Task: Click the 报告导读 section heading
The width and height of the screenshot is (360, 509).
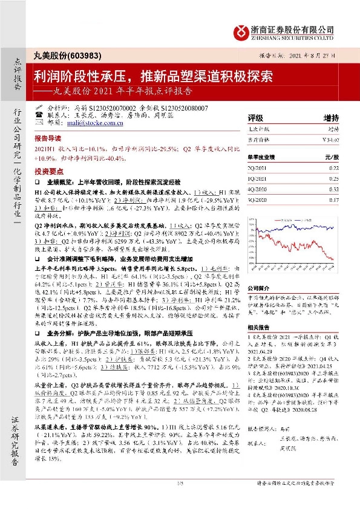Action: click(x=48, y=138)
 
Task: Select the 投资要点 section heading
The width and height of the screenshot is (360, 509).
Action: click(x=48, y=170)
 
